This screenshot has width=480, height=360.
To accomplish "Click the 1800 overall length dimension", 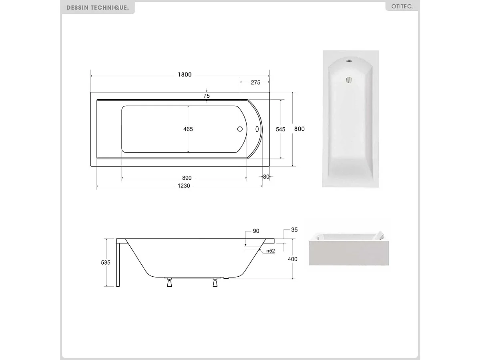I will [185, 74].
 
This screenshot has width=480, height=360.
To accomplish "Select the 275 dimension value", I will [255, 82].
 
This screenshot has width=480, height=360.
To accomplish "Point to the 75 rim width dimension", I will [207, 96].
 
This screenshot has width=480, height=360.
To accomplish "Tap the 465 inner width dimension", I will [188, 129].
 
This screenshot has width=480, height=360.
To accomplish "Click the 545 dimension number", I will [281, 129].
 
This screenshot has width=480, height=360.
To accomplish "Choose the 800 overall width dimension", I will [299, 129].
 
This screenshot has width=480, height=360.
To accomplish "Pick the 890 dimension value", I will [187, 178].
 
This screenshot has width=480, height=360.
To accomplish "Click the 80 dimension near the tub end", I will [266, 177].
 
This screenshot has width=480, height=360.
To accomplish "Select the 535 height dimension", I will [106, 262].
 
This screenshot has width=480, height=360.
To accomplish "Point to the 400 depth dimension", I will [293, 259].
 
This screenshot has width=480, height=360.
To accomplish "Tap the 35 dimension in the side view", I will [294, 230].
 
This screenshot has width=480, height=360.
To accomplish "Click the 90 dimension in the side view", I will [256, 231].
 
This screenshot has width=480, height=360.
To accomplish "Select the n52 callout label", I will [271, 251].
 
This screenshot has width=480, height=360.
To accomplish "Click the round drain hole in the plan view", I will [240, 129].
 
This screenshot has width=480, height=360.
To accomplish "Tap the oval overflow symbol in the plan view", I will [257, 129].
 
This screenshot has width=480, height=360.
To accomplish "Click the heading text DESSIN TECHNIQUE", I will [98, 8].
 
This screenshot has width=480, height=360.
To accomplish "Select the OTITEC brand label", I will [402, 7].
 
